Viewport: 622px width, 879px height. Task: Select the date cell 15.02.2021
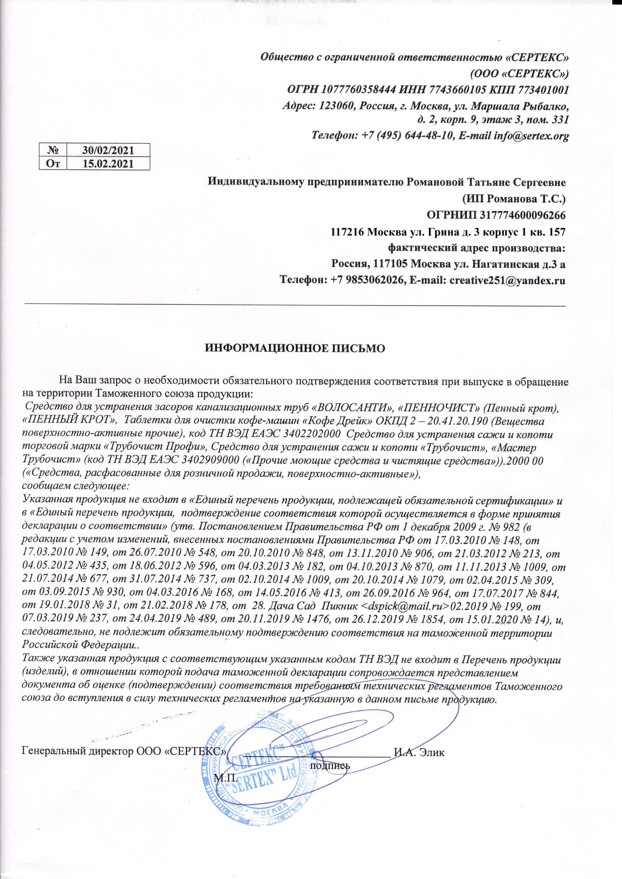coord(108,164)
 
